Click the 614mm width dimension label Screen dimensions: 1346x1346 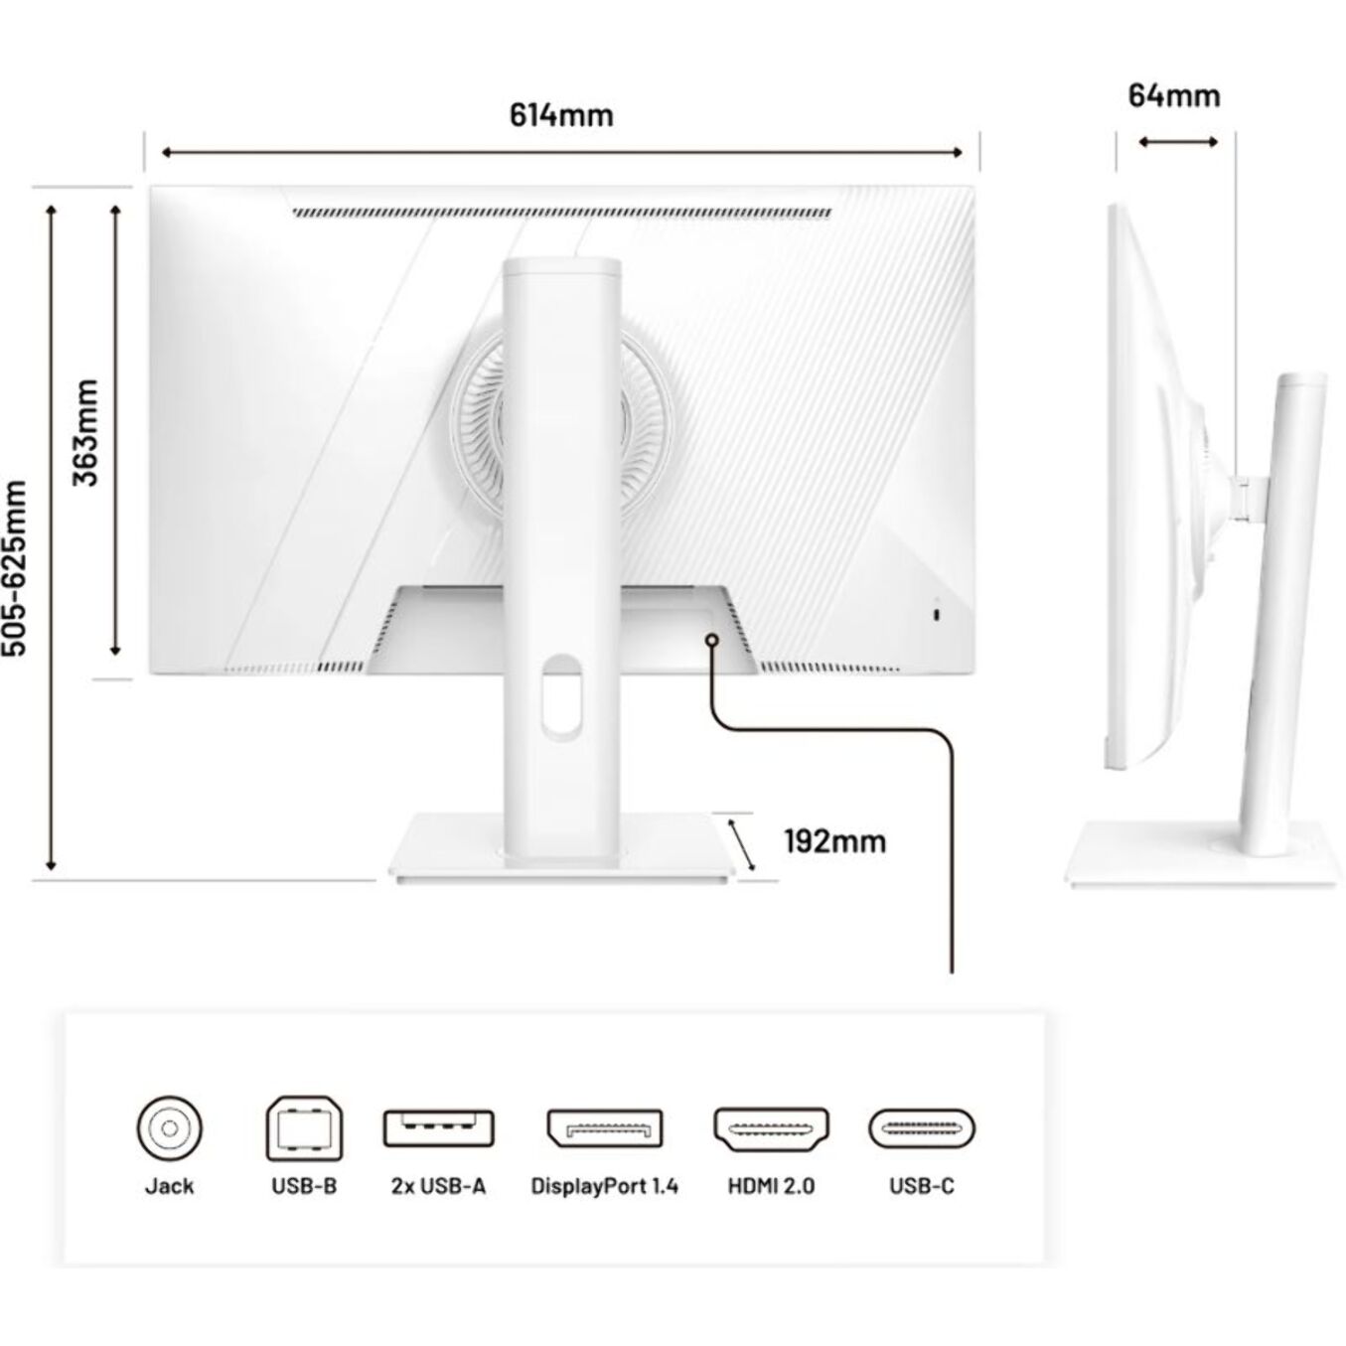pos(561,115)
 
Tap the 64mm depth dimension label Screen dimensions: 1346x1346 pos(1174,96)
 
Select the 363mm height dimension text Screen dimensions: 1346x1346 pos(86,432)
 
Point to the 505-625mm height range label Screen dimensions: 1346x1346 pos(15,568)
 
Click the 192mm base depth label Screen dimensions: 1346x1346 pos(834,841)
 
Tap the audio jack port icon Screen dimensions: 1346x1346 pos(169,1128)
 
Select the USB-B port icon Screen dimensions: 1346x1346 pos(305,1128)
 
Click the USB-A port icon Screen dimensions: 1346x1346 pos(439,1128)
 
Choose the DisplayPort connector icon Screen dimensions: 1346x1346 pos(604,1128)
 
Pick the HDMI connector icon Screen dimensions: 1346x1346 pos(771,1128)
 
